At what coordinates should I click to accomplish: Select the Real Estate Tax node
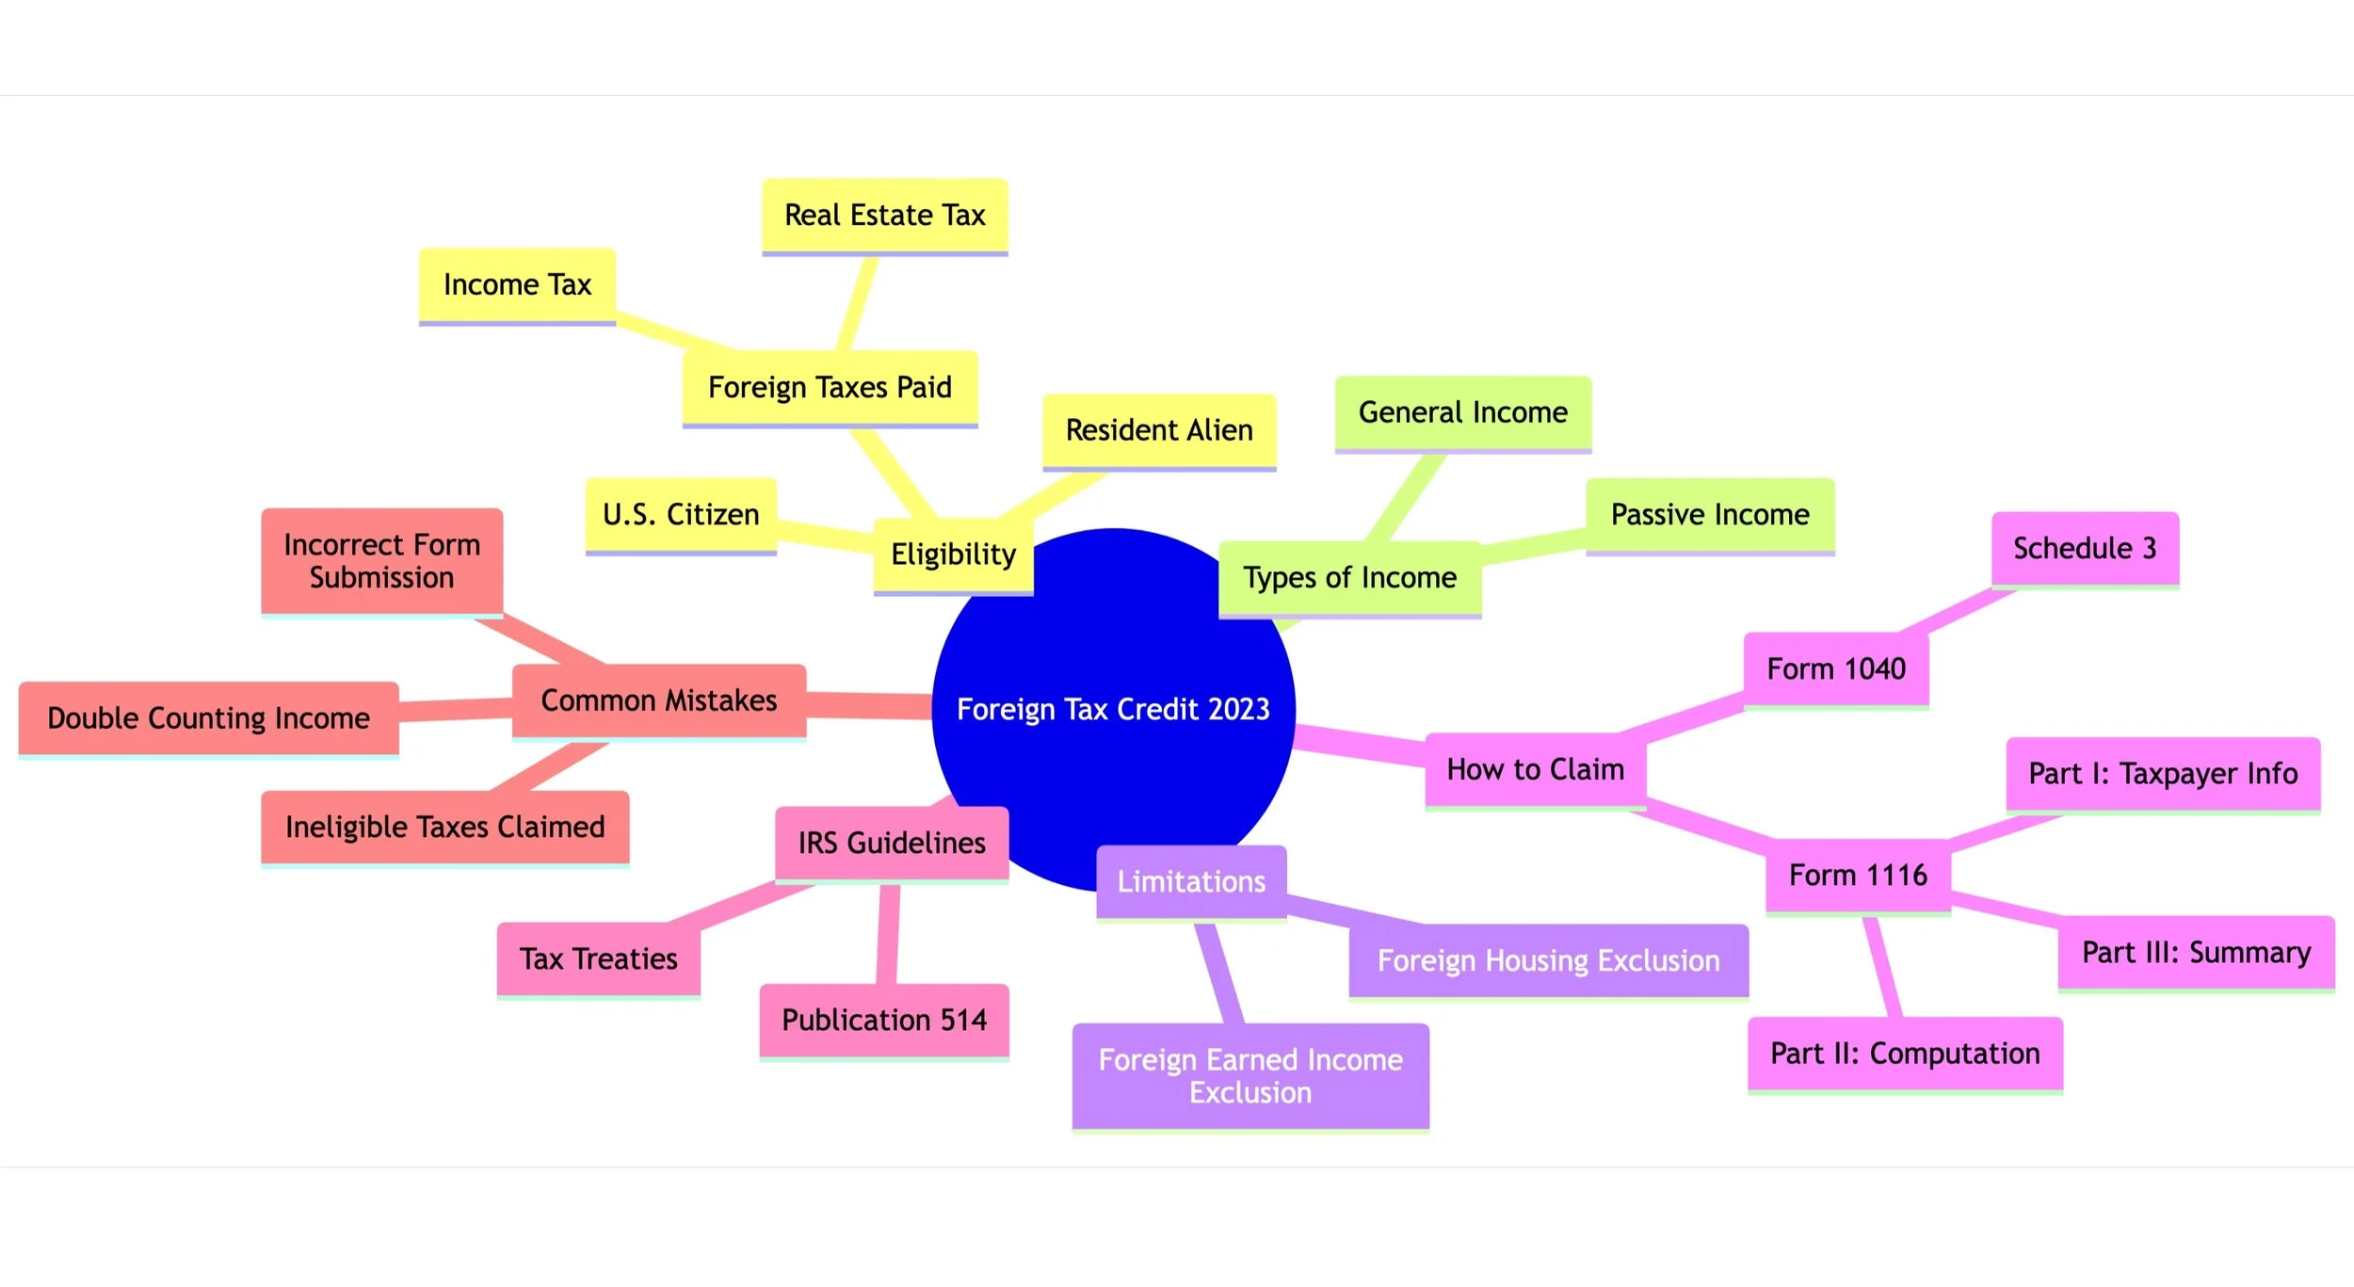point(884,215)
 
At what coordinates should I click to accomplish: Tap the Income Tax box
point(517,284)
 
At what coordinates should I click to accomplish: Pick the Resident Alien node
point(1159,430)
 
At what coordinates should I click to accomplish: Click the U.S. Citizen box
point(681,514)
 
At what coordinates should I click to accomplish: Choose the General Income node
point(1463,412)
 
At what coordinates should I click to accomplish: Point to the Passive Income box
point(1710,514)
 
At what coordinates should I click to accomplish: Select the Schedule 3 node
point(2085,548)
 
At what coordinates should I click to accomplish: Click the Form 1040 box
point(1836,668)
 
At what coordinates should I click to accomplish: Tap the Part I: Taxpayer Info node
point(2163,773)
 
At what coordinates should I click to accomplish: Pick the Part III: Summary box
point(2196,952)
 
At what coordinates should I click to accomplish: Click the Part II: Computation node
point(1905,1053)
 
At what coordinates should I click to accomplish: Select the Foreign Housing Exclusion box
point(1548,960)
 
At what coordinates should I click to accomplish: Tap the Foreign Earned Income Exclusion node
point(1250,1075)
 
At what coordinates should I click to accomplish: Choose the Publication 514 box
point(884,1020)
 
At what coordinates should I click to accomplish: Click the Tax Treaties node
point(599,958)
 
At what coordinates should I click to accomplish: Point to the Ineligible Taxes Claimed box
point(445,827)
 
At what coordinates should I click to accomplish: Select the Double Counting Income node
point(208,718)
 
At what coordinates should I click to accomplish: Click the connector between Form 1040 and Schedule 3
point(1959,610)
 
